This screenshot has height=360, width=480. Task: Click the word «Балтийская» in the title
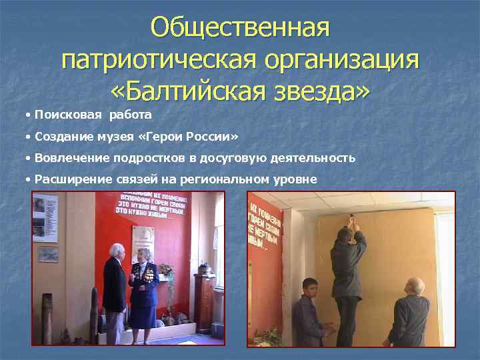pyautogui.click(x=203, y=92)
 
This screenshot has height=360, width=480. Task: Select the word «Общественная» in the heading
pyautogui.click(x=240, y=28)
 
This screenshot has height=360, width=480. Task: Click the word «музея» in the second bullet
pyautogui.click(x=117, y=137)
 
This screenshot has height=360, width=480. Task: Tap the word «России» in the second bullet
pyautogui.click(x=212, y=137)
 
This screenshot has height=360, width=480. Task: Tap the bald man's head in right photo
pyautogui.click(x=414, y=285)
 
